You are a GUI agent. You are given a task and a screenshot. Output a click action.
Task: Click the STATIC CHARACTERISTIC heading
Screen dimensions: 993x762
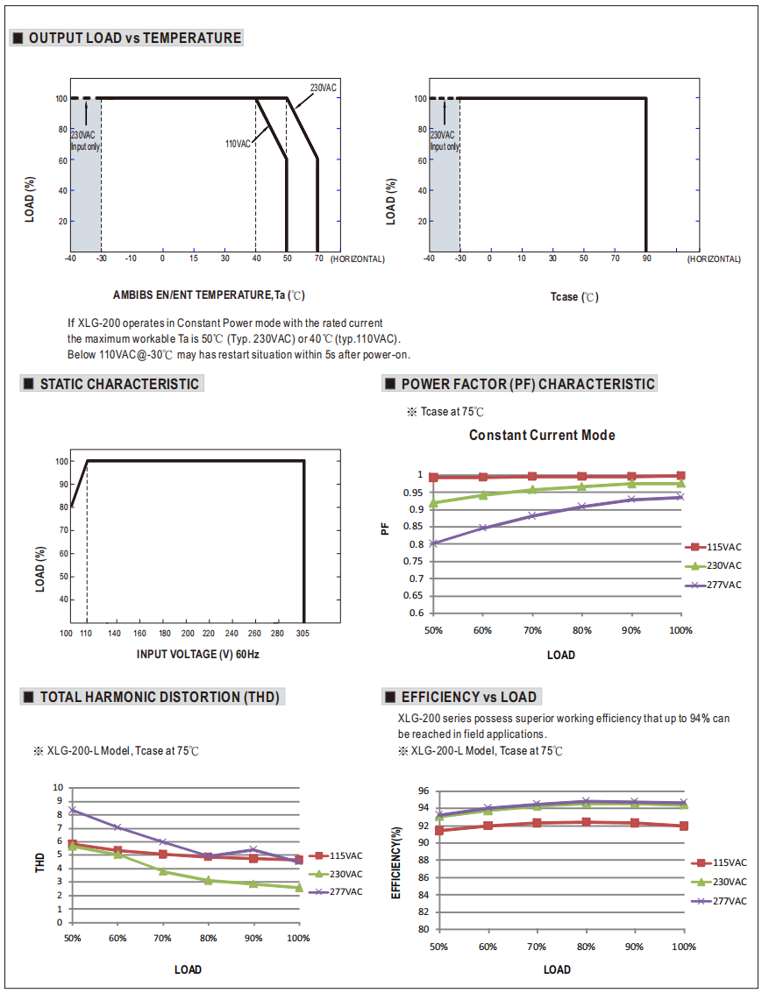click(119, 384)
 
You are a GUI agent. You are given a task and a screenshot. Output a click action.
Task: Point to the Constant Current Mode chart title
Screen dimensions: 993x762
click(542, 436)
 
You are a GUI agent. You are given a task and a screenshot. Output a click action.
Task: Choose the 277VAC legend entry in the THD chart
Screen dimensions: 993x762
click(345, 892)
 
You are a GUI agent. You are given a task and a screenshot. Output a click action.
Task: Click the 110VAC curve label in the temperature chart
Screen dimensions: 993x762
click(238, 144)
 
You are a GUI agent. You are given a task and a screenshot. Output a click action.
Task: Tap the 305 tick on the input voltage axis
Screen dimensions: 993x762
click(303, 633)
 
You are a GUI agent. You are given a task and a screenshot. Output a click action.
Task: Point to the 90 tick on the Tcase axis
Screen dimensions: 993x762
click(646, 259)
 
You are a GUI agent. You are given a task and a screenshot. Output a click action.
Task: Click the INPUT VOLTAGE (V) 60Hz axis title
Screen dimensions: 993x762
click(197, 655)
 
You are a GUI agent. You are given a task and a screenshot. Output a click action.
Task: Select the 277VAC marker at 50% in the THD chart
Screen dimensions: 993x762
click(72, 811)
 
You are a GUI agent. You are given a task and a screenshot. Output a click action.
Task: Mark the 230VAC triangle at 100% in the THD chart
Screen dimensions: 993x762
click(298, 888)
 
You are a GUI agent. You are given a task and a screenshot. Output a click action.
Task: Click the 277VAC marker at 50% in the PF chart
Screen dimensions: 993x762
click(433, 543)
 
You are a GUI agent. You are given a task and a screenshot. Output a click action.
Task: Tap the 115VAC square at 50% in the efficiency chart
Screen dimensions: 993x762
click(439, 830)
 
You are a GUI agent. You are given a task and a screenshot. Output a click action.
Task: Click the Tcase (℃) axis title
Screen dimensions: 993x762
click(574, 297)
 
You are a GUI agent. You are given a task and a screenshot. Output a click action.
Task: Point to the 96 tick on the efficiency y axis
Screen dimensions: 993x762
click(423, 791)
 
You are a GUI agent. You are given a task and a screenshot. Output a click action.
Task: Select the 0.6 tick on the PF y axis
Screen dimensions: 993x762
click(417, 614)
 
